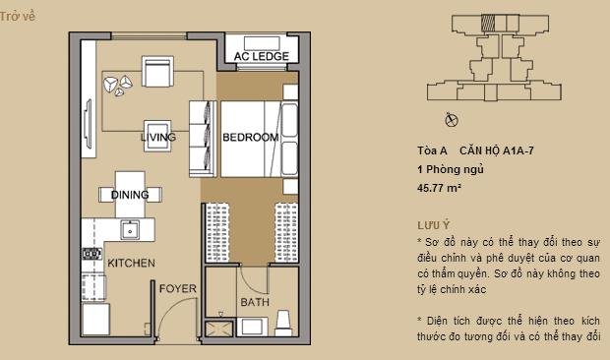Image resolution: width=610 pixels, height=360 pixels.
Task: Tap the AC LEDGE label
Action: [260, 57]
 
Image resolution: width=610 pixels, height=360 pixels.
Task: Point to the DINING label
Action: [130, 194]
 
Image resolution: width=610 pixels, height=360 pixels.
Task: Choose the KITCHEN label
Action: [131, 264]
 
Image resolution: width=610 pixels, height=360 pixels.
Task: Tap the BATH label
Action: [252, 302]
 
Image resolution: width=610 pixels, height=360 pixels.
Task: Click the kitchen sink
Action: [129, 230]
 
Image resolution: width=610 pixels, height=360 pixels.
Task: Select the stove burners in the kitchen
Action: [91, 254]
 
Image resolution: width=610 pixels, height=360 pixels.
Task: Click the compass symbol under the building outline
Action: [451, 121]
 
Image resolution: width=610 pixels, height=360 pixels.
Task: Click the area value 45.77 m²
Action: [440, 186]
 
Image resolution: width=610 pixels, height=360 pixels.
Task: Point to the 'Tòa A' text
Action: [432, 151]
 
